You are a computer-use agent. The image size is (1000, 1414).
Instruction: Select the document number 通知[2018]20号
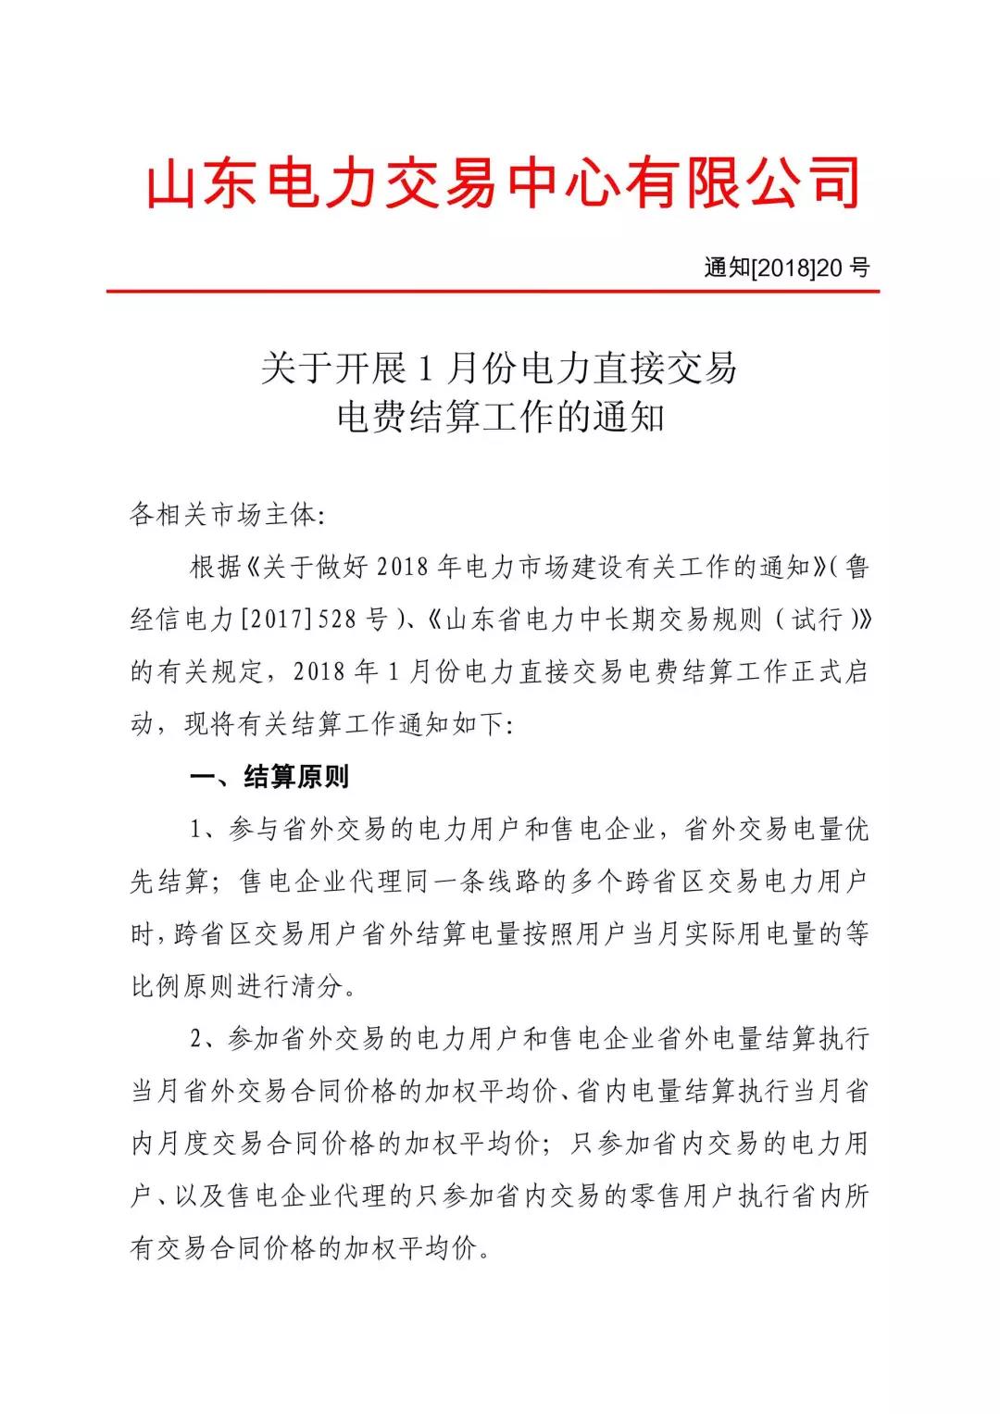787,269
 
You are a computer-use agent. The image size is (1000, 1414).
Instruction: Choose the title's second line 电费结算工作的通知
500,418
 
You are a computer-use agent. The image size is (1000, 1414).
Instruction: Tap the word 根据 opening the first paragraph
216,568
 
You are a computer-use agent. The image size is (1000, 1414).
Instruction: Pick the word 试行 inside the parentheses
816,619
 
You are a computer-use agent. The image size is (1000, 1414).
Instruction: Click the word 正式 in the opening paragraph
816,672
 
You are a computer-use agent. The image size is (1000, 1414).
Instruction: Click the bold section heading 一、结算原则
269,777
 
